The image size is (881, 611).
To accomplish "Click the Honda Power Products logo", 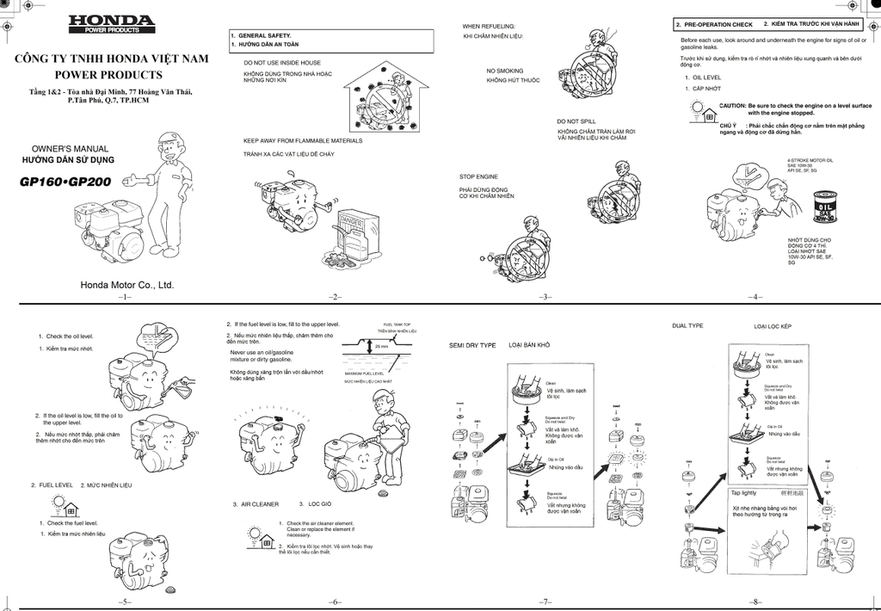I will click(112, 24).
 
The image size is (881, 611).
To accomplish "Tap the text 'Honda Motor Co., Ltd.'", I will click(127, 284).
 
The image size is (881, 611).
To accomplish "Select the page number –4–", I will click(755, 297).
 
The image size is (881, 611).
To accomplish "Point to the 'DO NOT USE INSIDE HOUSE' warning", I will click(282, 63).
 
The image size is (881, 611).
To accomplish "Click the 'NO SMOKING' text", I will click(504, 71).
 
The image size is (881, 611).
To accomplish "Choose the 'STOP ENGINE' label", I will click(478, 176).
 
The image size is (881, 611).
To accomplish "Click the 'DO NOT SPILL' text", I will click(576, 121).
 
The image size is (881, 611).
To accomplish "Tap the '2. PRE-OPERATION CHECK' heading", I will click(714, 25).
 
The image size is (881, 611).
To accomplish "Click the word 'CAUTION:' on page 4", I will click(733, 105).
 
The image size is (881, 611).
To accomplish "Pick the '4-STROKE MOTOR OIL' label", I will click(810, 160).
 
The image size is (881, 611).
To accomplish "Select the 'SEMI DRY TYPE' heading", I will click(472, 345).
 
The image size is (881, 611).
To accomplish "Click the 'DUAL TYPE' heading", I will click(687, 326).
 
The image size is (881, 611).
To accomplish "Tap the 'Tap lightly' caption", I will click(744, 493).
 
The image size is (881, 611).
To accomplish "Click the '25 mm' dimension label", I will click(381, 348).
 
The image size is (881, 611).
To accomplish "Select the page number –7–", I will click(545, 601).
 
